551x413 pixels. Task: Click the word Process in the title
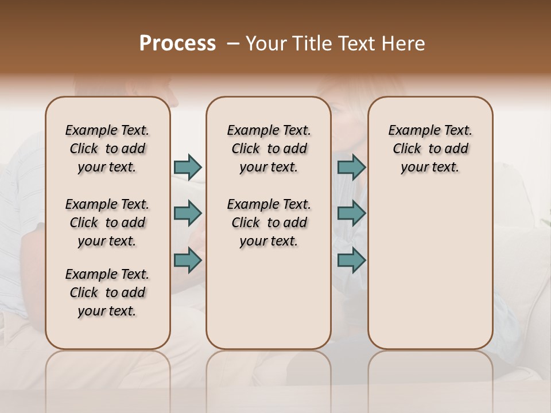click(x=177, y=44)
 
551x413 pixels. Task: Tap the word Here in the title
click(x=403, y=44)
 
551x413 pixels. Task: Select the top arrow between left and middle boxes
click(x=188, y=167)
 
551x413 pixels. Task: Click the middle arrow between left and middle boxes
click(x=188, y=213)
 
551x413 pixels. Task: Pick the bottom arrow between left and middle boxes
click(x=188, y=260)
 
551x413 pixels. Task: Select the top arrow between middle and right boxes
click(x=351, y=167)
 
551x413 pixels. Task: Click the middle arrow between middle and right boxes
click(x=351, y=213)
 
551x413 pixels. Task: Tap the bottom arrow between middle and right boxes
click(x=351, y=260)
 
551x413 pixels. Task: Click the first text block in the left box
click(x=107, y=149)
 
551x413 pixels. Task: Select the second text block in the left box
click(x=107, y=223)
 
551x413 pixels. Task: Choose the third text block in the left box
click(x=107, y=293)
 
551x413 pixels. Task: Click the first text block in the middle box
click(x=269, y=149)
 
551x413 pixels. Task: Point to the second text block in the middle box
click(x=269, y=223)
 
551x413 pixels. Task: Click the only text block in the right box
click(x=430, y=149)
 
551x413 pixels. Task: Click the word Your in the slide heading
click(x=265, y=44)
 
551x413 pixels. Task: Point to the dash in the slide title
click(x=233, y=44)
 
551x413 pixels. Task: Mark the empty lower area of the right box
click(x=430, y=270)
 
